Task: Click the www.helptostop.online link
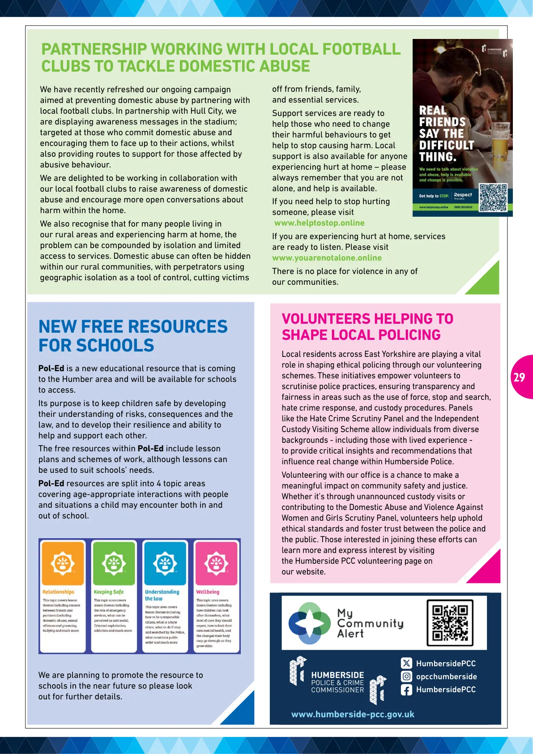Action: [x=319, y=223]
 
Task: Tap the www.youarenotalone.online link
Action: [x=327, y=258]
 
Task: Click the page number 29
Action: [x=519, y=377]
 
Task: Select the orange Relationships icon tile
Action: [x=63, y=563]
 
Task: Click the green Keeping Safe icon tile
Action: [x=114, y=563]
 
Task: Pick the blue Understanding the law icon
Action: [x=165, y=563]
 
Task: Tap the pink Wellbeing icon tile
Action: [x=216, y=563]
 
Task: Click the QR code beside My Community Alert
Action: [x=450, y=623]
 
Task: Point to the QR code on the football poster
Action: [x=493, y=197]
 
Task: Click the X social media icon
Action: [x=406, y=663]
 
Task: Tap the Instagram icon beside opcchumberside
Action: [x=406, y=677]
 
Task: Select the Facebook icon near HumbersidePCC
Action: [x=406, y=690]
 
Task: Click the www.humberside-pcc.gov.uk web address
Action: [x=353, y=715]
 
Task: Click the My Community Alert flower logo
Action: [x=309, y=623]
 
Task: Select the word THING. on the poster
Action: [x=437, y=157]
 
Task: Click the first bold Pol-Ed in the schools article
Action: [x=51, y=368]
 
